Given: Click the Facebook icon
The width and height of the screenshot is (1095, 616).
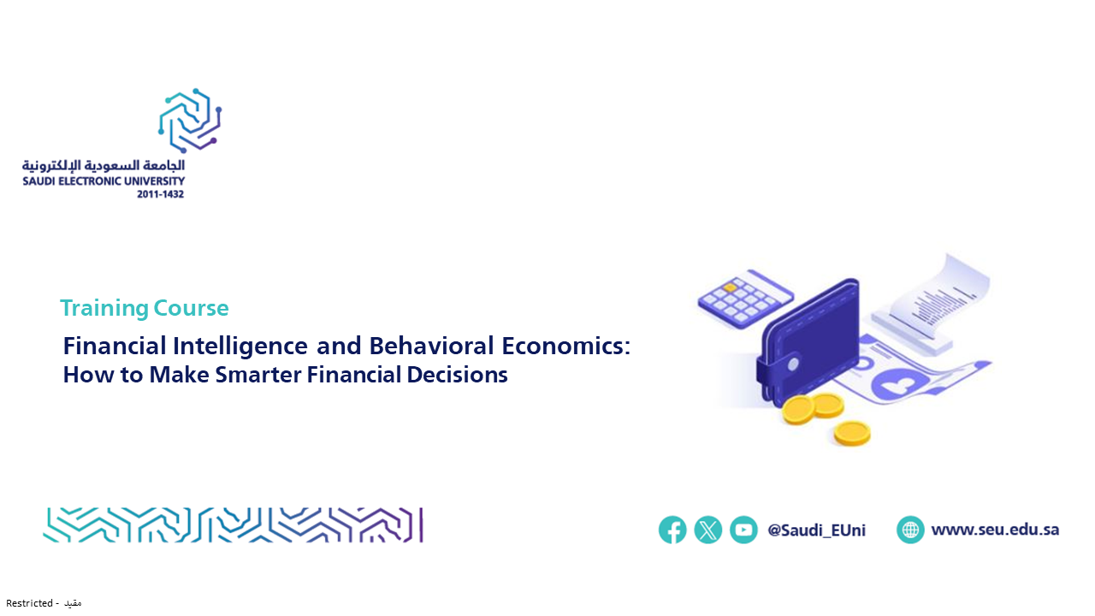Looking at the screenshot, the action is [x=672, y=530].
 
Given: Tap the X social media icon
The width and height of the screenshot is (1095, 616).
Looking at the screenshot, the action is [x=707, y=530].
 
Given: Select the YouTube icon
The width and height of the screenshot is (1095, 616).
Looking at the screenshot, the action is [x=743, y=530].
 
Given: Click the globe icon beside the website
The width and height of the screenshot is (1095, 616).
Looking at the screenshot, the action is [x=910, y=530].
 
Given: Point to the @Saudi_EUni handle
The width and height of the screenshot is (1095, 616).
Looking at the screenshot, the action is [x=816, y=530].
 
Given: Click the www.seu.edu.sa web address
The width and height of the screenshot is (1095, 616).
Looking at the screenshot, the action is [x=995, y=530].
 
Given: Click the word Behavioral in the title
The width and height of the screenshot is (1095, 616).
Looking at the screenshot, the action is [x=431, y=346].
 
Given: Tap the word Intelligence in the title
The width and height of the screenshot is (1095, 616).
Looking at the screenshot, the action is [x=240, y=346].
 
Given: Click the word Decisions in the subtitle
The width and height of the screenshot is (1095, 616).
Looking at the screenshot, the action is [x=457, y=375].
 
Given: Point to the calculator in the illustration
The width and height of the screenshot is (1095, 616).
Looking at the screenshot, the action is [x=745, y=299].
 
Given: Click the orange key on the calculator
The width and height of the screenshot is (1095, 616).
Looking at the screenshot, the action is [x=730, y=287].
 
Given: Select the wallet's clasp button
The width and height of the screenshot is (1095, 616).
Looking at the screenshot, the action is [x=793, y=364].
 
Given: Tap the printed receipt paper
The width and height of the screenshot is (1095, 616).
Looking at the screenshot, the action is [x=932, y=303].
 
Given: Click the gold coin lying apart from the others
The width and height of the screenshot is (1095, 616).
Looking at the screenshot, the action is [x=852, y=433].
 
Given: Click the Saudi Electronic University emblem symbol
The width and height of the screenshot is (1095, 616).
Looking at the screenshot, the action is [x=190, y=121].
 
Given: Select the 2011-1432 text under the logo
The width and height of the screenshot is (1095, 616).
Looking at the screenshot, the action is [x=160, y=194].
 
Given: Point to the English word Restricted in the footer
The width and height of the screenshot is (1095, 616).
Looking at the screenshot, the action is [x=29, y=603].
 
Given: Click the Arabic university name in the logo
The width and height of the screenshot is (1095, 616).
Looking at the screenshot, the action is [x=104, y=165].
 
